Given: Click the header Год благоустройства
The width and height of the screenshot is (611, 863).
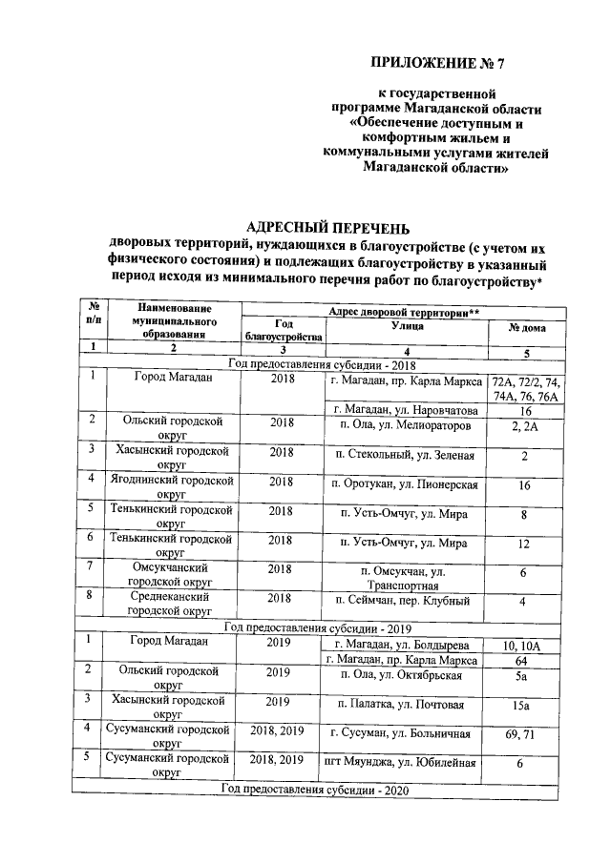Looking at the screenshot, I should [x=284, y=330].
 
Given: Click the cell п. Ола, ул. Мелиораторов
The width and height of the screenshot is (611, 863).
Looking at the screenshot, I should [x=407, y=426].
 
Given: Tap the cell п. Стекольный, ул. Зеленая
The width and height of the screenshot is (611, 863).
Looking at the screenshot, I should [x=407, y=456].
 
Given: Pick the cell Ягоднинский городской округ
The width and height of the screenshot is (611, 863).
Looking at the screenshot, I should [x=171, y=490].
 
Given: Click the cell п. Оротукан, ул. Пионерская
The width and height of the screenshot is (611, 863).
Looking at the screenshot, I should [x=407, y=485].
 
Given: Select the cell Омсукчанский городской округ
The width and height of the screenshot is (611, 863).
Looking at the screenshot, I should [x=171, y=575].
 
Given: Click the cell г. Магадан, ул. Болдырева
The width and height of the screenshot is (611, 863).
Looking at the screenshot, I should [x=407, y=645].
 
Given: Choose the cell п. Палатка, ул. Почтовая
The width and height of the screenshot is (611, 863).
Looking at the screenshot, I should [x=407, y=705].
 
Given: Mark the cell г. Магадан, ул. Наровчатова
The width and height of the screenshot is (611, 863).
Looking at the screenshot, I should [x=407, y=410].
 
